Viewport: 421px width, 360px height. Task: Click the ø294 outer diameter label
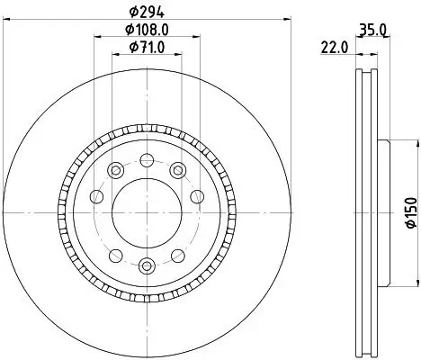pos(147,12)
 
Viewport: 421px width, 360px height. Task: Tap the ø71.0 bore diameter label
pos(147,48)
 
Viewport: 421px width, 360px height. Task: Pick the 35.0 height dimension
pos(372,30)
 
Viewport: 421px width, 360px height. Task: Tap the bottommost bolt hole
pos(148,264)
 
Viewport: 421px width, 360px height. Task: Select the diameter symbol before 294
pos(132,12)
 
